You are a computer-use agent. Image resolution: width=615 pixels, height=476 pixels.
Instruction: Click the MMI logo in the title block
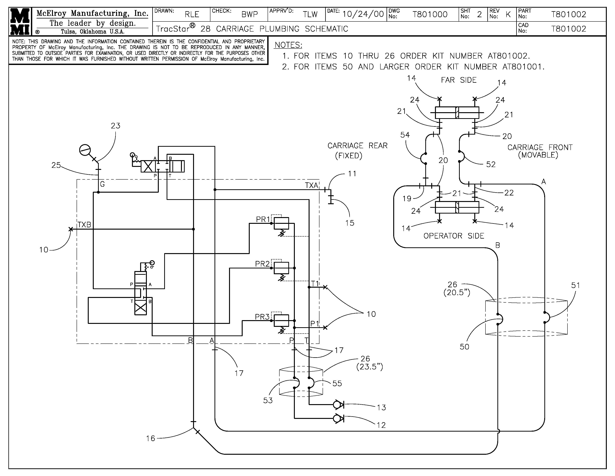click(x=20, y=22)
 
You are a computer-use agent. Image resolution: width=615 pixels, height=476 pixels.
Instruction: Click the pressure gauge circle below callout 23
click(x=85, y=150)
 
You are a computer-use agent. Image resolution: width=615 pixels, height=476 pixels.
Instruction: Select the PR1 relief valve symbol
click(x=281, y=223)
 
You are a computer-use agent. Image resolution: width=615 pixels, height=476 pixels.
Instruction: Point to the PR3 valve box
click(x=281, y=320)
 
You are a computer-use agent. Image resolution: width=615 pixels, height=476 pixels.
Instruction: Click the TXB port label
click(x=84, y=225)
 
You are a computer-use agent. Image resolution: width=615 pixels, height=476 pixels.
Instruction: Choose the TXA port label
click(x=311, y=185)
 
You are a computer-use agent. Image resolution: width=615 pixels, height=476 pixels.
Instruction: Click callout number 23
click(x=116, y=126)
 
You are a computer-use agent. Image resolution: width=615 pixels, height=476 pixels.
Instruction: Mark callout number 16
click(x=151, y=438)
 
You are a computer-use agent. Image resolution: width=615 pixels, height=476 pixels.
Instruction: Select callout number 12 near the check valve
click(x=381, y=425)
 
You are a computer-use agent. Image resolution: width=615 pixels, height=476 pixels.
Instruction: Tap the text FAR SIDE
click(x=459, y=80)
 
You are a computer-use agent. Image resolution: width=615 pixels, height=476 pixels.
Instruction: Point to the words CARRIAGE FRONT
click(x=540, y=147)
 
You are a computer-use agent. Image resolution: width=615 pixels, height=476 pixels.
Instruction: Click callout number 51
click(x=575, y=285)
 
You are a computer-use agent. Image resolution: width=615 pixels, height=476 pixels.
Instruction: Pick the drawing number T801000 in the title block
click(x=430, y=14)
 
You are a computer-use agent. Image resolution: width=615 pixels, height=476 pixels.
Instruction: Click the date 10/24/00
click(x=363, y=14)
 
